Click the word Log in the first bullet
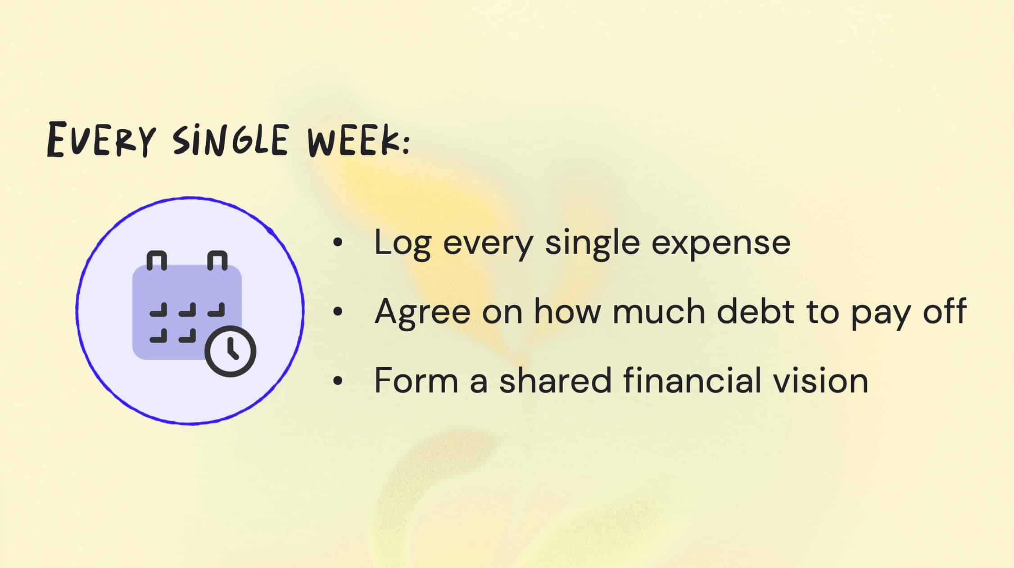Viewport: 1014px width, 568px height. (403, 243)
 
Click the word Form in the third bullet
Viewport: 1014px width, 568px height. (416, 381)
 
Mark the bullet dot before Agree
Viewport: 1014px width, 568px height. (338, 311)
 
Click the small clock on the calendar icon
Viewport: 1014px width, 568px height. (230, 351)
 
